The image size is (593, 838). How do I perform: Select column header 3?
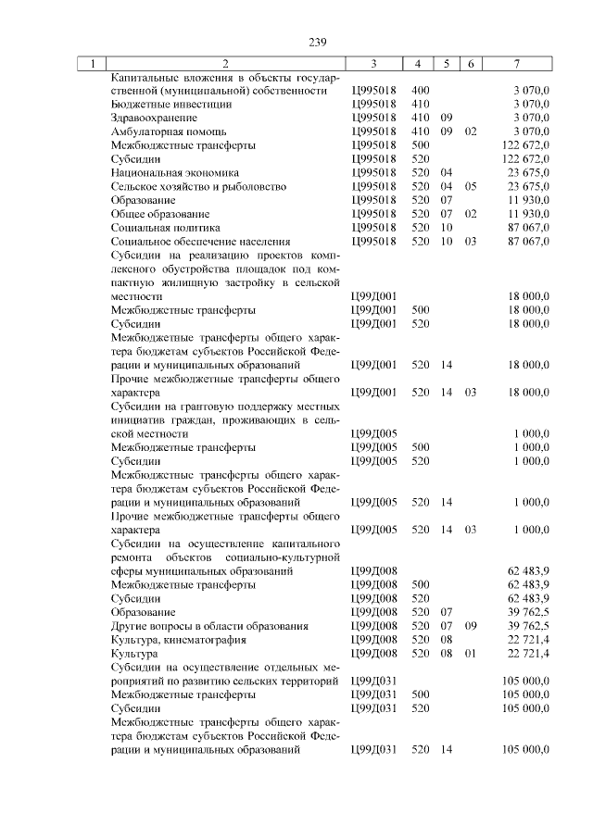point(373,64)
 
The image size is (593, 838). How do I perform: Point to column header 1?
point(93,64)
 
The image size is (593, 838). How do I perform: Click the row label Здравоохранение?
point(153,119)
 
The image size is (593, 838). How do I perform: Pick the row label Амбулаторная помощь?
point(161,131)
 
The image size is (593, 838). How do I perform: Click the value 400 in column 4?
point(420,91)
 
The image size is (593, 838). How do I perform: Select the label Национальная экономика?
point(174,172)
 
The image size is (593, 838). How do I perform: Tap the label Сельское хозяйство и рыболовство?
point(198,185)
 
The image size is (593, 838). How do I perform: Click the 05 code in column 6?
point(471,185)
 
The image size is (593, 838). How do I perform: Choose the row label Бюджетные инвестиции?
point(158,105)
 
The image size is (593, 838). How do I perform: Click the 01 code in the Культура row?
point(471,654)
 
